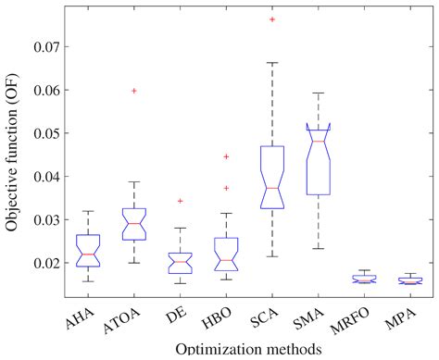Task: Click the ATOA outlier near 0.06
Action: point(134,91)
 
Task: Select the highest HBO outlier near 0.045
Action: point(226,156)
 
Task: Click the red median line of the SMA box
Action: point(318,141)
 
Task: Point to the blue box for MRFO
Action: point(364,278)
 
